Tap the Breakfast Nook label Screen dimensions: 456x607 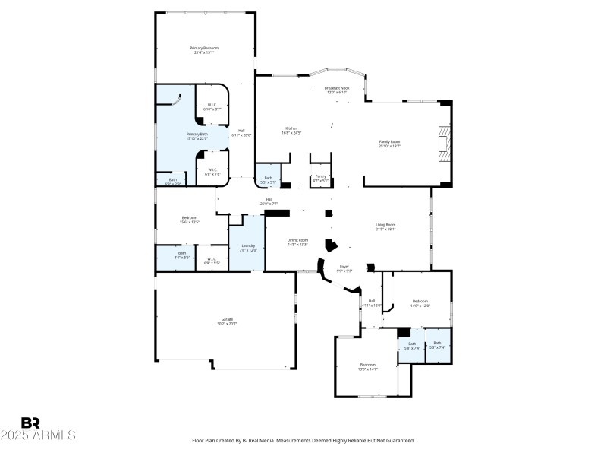tap(337, 90)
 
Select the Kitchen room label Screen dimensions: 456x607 tap(291, 131)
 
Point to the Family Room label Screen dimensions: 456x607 tap(389, 144)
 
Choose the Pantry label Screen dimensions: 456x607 tap(320, 178)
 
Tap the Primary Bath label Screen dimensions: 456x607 tap(175, 136)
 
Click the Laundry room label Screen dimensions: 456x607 tap(247, 248)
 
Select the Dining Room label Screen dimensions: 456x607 tap(297, 242)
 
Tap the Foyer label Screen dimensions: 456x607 tap(344, 268)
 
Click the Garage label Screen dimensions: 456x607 tap(226, 321)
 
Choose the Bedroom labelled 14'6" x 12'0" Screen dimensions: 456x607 tap(421, 303)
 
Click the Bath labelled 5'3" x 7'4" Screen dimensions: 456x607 tap(437, 345)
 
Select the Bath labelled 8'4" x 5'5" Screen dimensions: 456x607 tap(182, 255)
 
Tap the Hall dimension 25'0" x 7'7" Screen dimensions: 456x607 tap(269, 204)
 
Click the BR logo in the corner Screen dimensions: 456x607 tap(30, 423)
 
